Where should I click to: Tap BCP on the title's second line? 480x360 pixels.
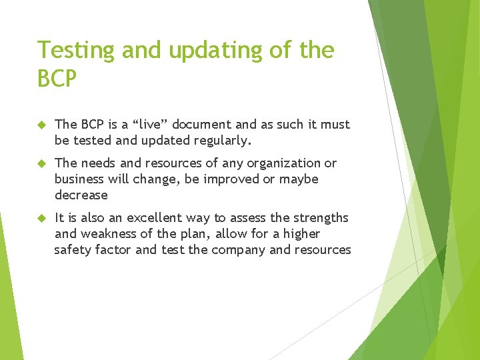pos(57,79)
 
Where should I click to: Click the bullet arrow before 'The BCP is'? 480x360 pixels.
pos(41,125)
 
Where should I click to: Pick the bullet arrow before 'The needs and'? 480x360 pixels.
pos(41,163)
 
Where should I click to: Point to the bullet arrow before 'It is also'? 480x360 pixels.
pos(41,218)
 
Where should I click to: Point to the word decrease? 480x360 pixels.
pos(81,195)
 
